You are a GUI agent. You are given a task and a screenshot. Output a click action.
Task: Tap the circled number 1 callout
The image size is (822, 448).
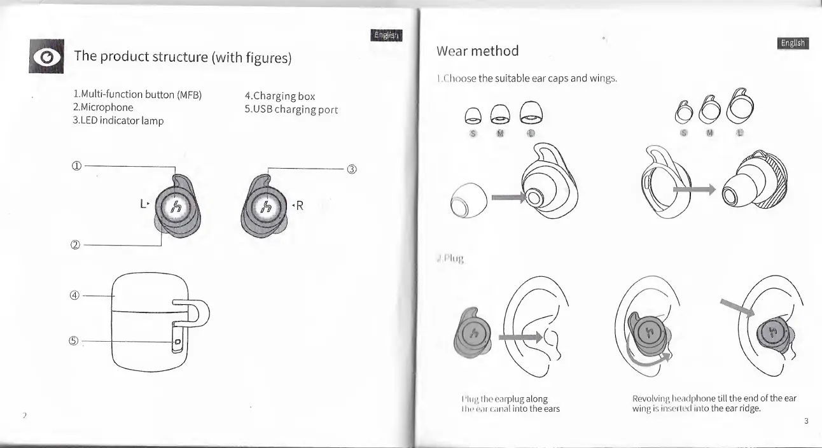76,167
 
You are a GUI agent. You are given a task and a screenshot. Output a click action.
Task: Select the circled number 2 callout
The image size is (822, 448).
76,244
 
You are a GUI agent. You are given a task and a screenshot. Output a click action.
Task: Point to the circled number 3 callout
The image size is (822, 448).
351,169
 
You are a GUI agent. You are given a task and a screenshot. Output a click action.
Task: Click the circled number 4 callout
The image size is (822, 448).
75,295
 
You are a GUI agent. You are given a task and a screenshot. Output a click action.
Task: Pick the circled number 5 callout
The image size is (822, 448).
75,341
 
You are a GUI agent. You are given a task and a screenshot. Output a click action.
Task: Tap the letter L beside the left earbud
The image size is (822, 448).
142,204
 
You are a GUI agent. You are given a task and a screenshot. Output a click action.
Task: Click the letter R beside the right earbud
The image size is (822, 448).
300,206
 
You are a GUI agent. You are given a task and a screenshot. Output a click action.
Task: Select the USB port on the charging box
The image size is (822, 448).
178,342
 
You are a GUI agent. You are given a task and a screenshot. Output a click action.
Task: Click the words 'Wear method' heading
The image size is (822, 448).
477,50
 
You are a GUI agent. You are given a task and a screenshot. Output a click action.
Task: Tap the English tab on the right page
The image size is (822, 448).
793,43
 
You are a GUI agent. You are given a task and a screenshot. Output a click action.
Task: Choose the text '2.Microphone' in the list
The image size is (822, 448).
103,108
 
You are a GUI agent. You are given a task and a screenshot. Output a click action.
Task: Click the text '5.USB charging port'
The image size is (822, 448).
291,109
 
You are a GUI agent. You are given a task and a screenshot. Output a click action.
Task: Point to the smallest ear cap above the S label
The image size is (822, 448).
473,115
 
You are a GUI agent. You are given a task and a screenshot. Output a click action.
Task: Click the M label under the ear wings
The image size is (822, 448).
711,134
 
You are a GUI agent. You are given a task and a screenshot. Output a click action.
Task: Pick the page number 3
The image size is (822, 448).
805,421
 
